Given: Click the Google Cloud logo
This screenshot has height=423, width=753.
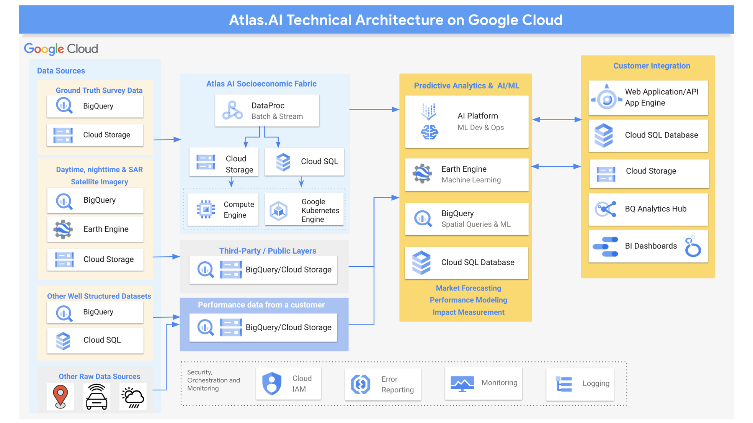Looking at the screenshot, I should pyautogui.click(x=61, y=49).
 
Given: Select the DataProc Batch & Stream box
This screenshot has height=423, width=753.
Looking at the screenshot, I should pyautogui.click(x=267, y=111).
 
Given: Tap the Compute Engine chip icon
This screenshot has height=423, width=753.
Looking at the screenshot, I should pyautogui.click(x=206, y=209).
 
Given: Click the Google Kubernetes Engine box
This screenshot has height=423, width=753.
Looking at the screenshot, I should pyautogui.click(x=304, y=210).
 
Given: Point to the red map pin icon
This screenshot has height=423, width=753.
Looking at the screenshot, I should pyautogui.click(x=60, y=396).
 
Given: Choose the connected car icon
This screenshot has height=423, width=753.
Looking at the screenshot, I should pyautogui.click(x=96, y=397).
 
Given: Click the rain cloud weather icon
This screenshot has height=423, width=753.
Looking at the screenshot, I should pyautogui.click(x=132, y=397).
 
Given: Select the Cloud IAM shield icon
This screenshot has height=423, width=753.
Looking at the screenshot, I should pyautogui.click(x=272, y=383).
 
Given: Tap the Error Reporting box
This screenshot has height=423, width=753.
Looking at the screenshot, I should pyautogui.click(x=383, y=384).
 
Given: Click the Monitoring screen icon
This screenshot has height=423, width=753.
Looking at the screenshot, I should pyautogui.click(x=462, y=383).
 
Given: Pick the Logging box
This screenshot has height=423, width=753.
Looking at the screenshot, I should pyautogui.click(x=580, y=384).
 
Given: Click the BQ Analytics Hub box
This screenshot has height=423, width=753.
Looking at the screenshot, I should pyautogui.click(x=648, y=209).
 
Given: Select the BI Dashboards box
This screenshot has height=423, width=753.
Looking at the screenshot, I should pyautogui.click(x=648, y=246).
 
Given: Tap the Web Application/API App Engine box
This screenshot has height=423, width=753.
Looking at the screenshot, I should pyautogui.click(x=648, y=98).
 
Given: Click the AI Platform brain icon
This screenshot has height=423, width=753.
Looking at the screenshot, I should pyautogui.click(x=429, y=132).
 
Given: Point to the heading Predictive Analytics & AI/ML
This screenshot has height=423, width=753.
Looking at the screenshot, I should pyautogui.click(x=466, y=86).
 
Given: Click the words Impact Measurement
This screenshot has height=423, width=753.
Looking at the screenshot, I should pyautogui.click(x=468, y=312).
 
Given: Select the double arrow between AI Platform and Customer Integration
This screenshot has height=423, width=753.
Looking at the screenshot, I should pyautogui.click(x=557, y=120).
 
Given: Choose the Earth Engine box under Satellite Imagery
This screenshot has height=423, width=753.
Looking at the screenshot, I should pyautogui.click(x=95, y=229).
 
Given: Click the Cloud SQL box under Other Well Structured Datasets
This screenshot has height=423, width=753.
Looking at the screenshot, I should pyautogui.click(x=95, y=340).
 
